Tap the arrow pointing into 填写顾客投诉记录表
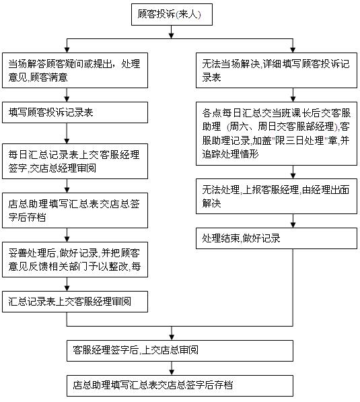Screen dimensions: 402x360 (x=67, y=97)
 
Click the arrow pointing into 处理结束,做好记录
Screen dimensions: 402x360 (x=291, y=224)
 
